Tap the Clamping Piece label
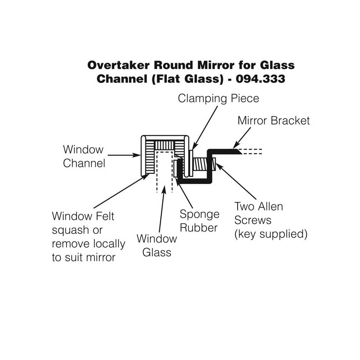click(218, 98)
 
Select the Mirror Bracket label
click(273, 120)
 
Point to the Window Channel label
click(83, 157)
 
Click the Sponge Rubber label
click(200, 221)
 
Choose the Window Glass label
click(157, 245)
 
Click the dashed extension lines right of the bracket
click(251, 152)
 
